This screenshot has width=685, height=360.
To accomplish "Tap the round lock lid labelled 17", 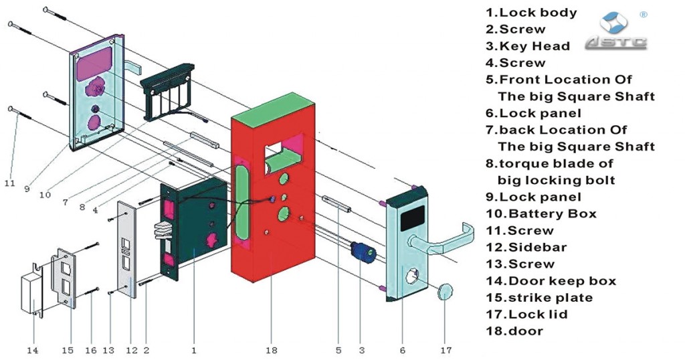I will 444,292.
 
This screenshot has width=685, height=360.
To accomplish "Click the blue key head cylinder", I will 364,252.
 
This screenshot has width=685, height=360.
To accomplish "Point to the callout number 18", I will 271,349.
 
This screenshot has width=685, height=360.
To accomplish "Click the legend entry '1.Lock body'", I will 531,13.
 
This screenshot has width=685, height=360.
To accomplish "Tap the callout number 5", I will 339,349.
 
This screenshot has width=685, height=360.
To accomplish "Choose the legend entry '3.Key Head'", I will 528,46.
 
